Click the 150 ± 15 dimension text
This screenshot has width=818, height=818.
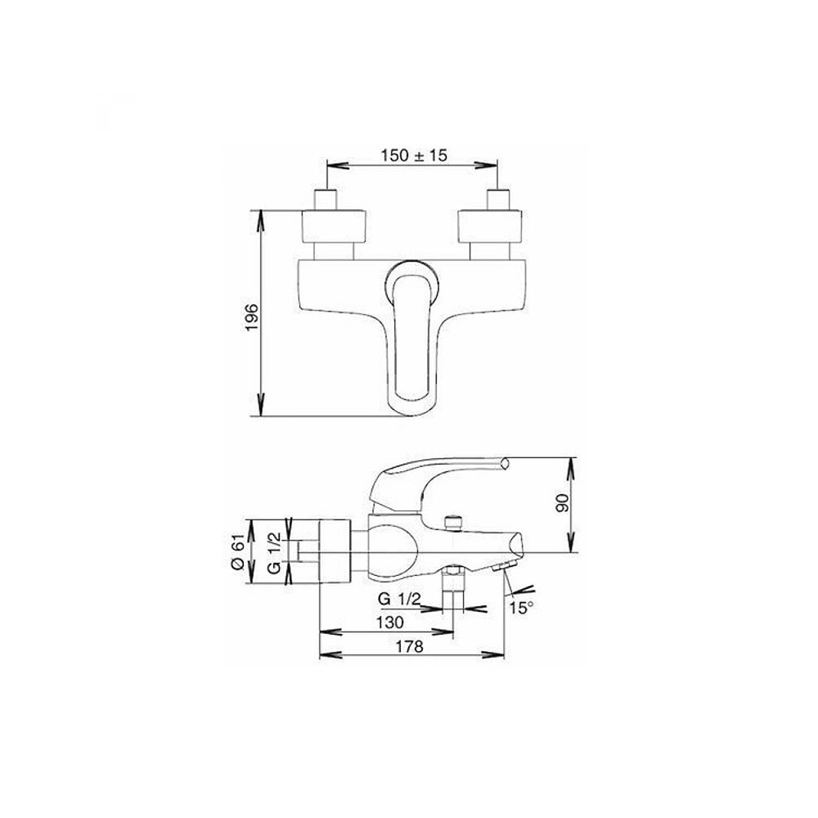click(x=414, y=155)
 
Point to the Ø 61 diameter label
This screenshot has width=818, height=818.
click(x=237, y=552)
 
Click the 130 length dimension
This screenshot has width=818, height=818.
click(x=390, y=622)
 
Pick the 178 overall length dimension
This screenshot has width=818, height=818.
click(x=411, y=646)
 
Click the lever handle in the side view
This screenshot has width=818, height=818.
click(x=434, y=472)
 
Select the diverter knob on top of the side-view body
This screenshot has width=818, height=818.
click(x=451, y=521)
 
